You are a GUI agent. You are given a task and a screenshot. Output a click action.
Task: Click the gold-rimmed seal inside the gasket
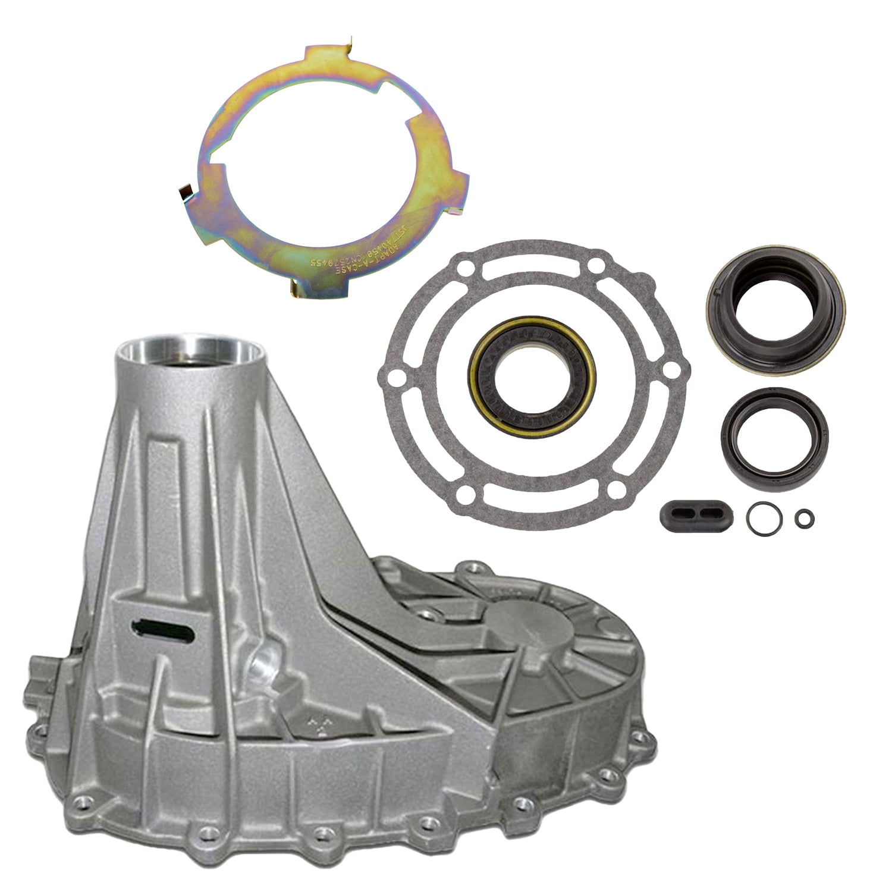[x=532, y=387]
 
